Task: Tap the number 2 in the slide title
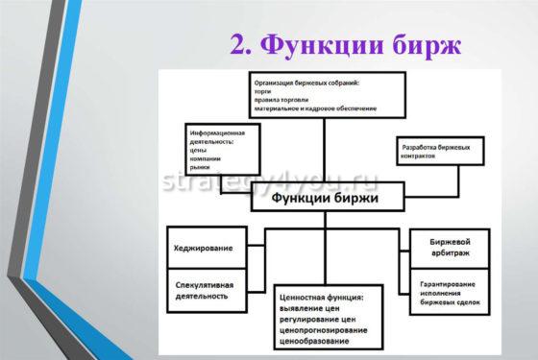[240, 45]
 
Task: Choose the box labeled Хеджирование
[204, 249]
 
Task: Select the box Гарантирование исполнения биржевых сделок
[449, 295]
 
